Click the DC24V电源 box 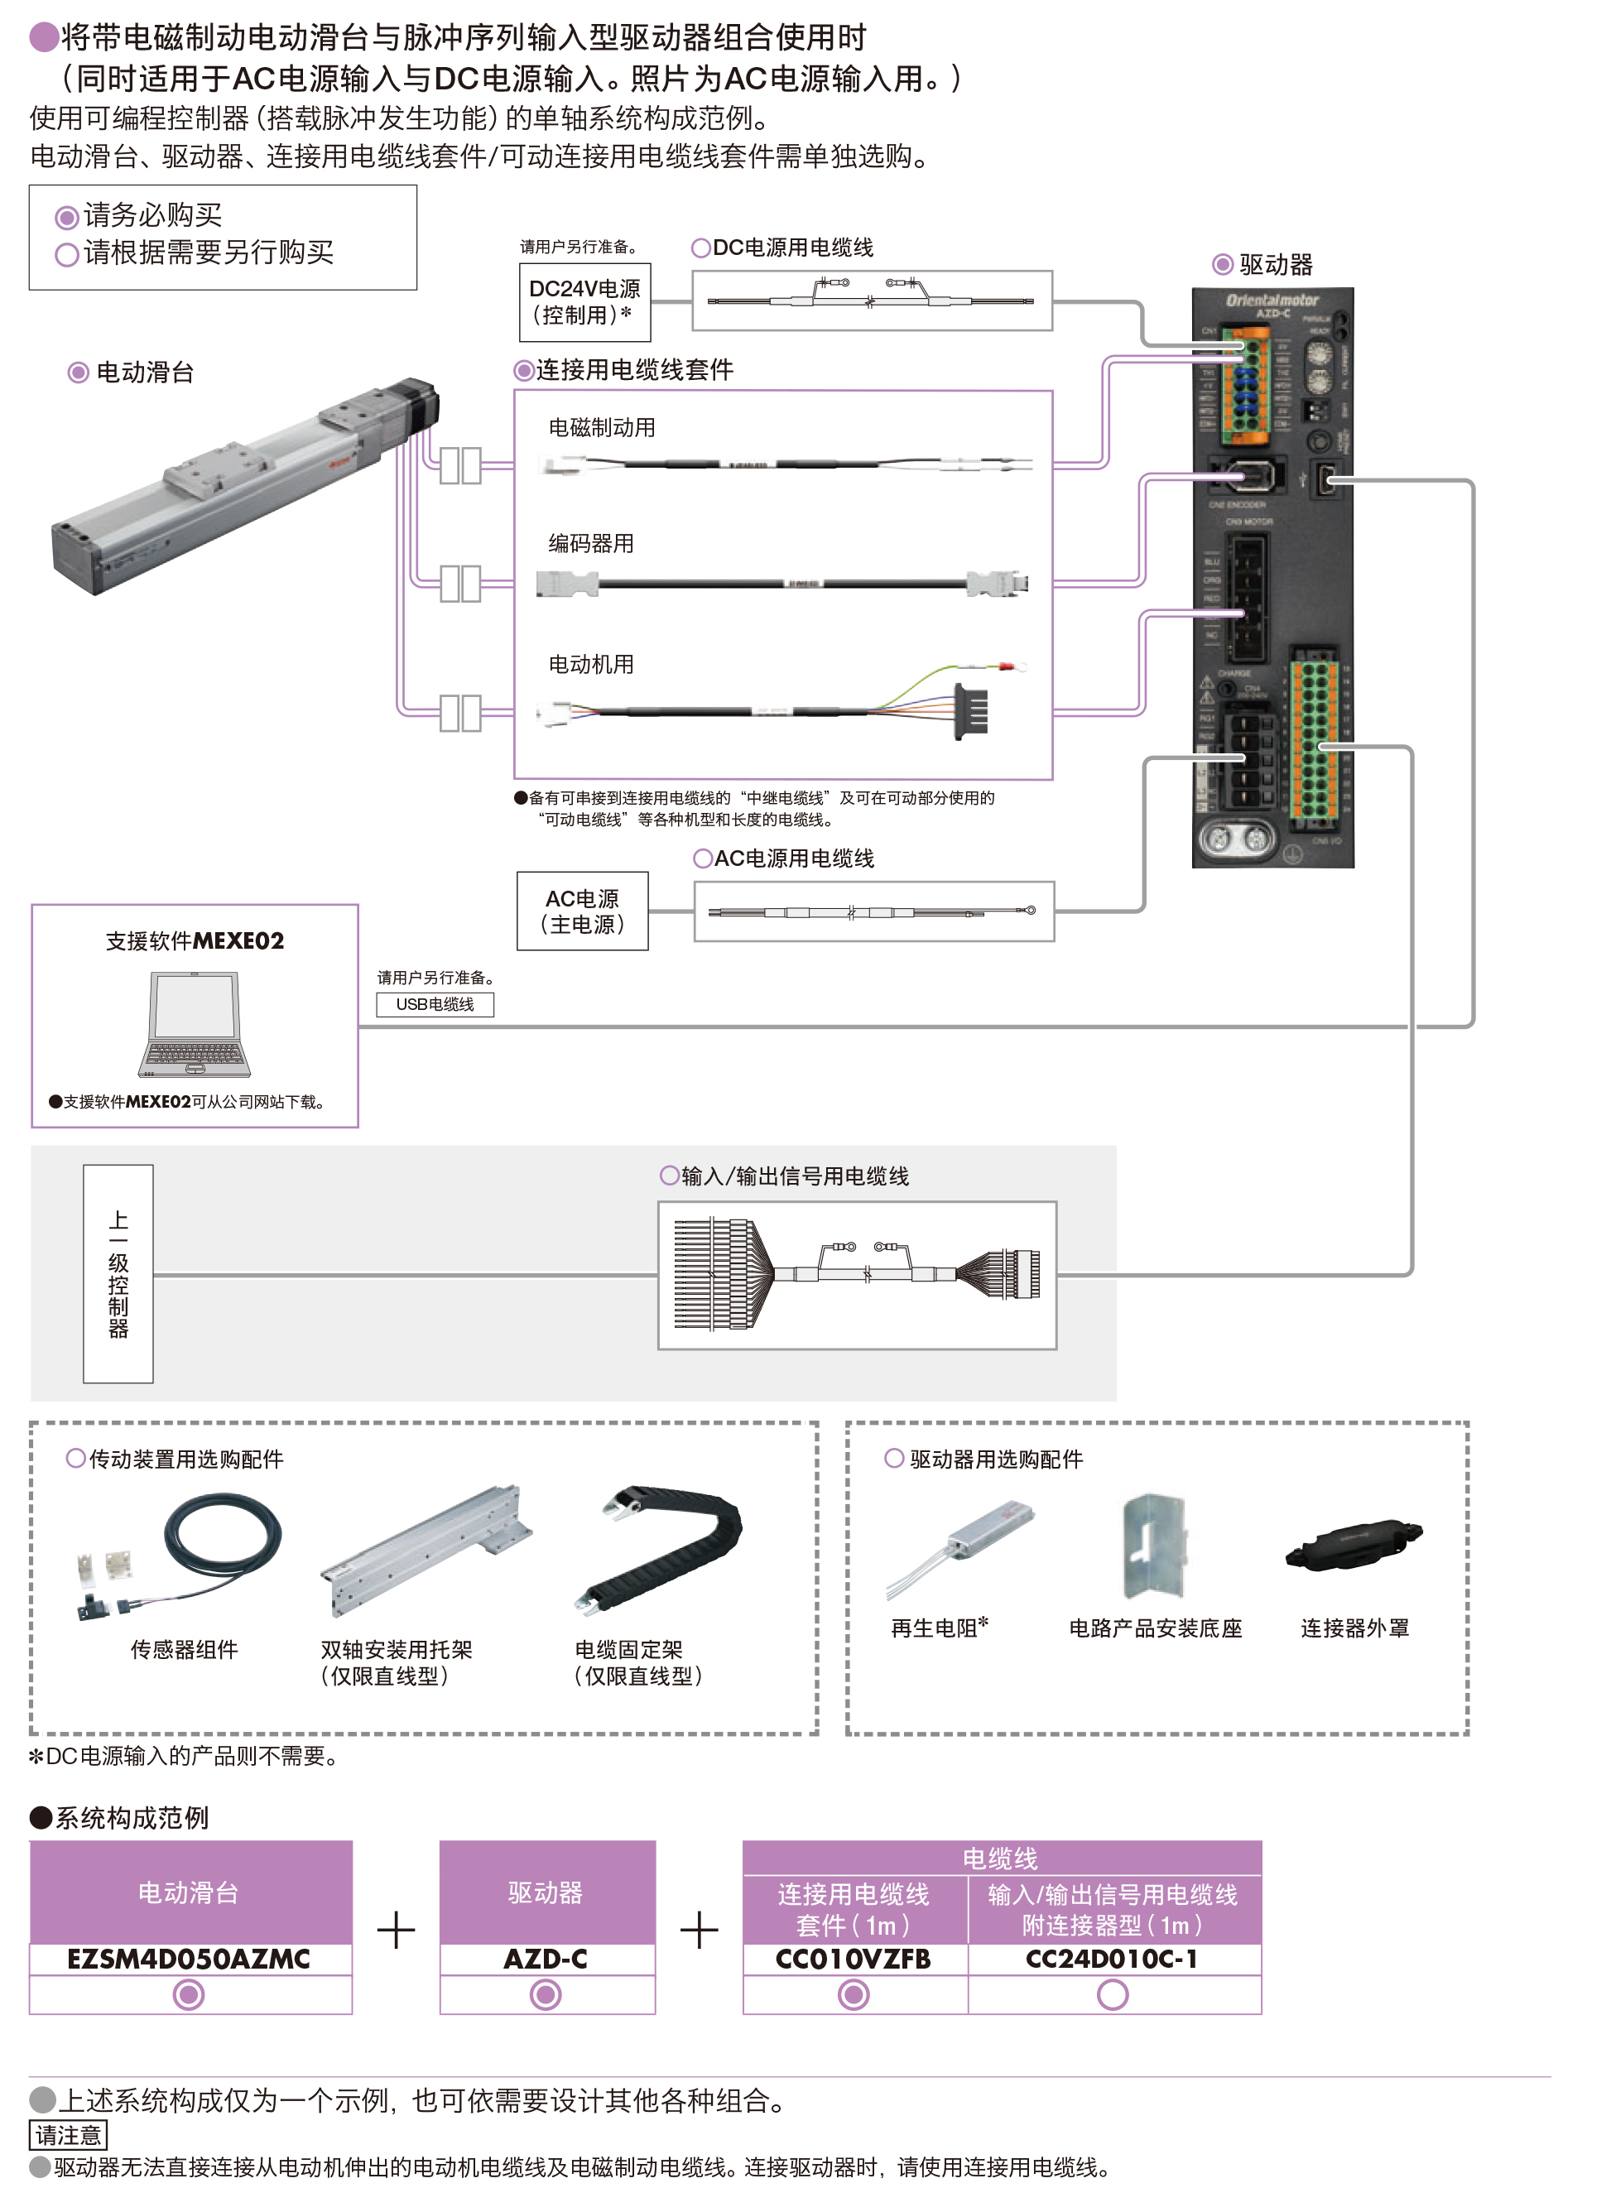click(584, 302)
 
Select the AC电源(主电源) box click(582, 911)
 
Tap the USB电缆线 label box click(435, 1004)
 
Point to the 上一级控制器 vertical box click(118, 1274)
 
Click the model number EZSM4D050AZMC click(190, 1959)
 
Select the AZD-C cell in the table click(546, 1959)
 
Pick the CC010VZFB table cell click(854, 1959)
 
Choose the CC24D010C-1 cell click(1112, 1959)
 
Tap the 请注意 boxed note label click(68, 2135)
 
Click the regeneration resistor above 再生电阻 click(965, 1541)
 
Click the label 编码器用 click(591, 543)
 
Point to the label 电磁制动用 click(602, 427)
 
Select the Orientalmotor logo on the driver click(1272, 300)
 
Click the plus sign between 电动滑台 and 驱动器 click(396, 1931)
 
